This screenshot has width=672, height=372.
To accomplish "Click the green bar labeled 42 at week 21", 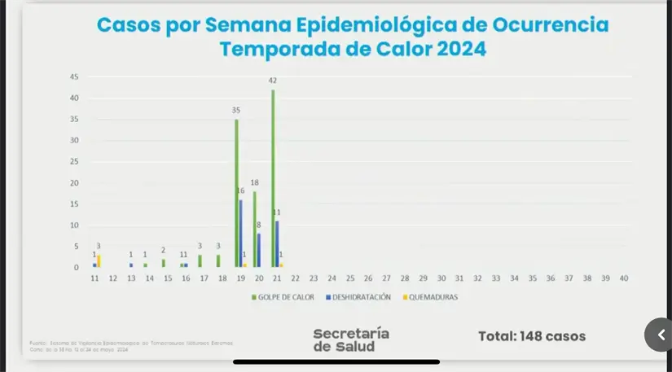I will click(273, 179).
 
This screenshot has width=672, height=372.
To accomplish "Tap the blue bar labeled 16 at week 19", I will click(241, 234).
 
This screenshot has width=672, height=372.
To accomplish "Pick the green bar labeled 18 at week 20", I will click(254, 230).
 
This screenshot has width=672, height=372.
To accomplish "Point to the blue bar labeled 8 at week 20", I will click(260, 251).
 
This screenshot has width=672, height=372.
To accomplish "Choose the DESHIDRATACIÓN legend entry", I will click(358, 298).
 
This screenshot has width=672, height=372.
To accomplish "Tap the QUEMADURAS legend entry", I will click(432, 298).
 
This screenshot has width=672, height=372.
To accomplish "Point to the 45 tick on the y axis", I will click(73, 77).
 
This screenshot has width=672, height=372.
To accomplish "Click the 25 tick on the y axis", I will click(73, 162).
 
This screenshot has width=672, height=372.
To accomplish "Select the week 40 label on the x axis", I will click(623, 278).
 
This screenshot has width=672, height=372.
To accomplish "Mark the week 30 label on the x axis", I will click(441, 278).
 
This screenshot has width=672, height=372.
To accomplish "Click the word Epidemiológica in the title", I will click(368, 24).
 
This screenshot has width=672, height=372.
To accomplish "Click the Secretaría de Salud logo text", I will click(351, 339).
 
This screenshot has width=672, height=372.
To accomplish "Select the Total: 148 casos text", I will click(531, 336).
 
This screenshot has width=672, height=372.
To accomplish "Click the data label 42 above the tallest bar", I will click(273, 81).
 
